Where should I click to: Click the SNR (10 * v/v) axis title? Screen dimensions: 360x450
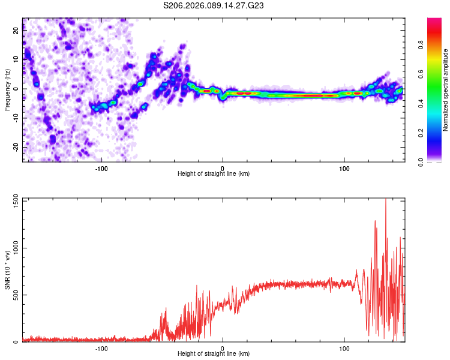[7, 270]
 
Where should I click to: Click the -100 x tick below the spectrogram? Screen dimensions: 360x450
[101, 168]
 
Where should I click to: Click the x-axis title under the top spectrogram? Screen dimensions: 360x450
[214, 174]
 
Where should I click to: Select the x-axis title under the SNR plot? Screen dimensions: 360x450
[214, 354]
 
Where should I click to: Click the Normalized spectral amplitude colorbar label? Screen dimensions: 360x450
[446, 90]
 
